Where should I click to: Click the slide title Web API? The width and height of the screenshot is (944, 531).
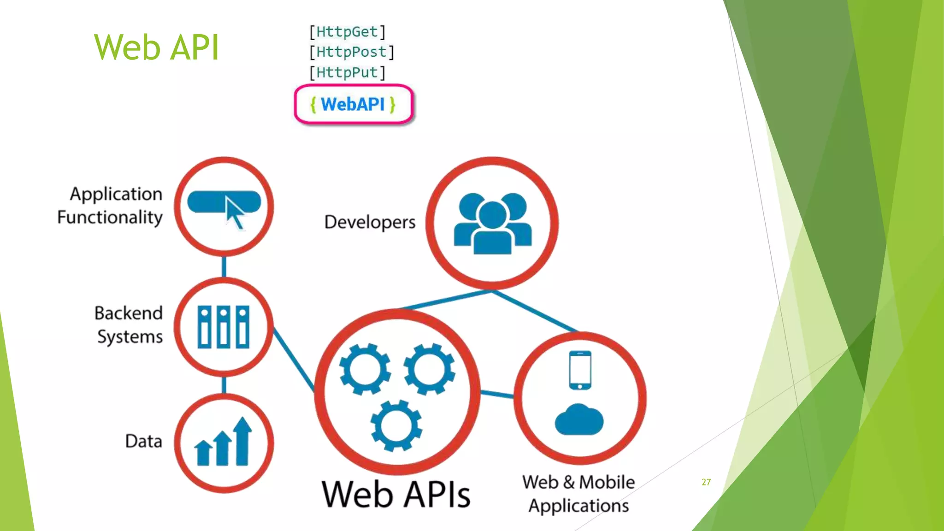(x=156, y=47)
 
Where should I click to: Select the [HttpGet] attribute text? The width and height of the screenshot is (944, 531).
(x=347, y=32)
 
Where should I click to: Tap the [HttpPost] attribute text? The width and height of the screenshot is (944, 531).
(x=351, y=52)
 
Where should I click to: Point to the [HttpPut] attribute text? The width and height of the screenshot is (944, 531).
(x=347, y=72)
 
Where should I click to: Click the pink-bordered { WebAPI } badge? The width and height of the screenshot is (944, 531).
(x=353, y=105)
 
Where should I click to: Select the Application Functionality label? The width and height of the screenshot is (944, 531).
(x=111, y=206)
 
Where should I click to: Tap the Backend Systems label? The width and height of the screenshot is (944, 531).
(x=129, y=325)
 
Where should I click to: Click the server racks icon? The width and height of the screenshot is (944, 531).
(x=224, y=327)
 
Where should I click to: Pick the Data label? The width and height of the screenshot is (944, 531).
(x=143, y=441)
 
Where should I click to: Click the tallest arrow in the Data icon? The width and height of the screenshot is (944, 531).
(x=242, y=441)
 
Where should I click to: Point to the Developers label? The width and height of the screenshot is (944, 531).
(x=370, y=222)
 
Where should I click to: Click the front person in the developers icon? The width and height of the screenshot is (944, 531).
(x=492, y=230)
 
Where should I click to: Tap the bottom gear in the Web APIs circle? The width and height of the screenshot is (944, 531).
(x=396, y=426)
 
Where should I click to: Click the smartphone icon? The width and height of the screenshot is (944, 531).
(x=580, y=370)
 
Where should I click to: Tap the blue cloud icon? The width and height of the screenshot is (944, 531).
(x=579, y=420)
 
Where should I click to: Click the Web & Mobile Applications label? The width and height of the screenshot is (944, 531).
(x=578, y=494)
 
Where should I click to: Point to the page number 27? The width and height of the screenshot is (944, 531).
(x=706, y=482)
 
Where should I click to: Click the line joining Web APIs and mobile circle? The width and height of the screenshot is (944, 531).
(x=497, y=394)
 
